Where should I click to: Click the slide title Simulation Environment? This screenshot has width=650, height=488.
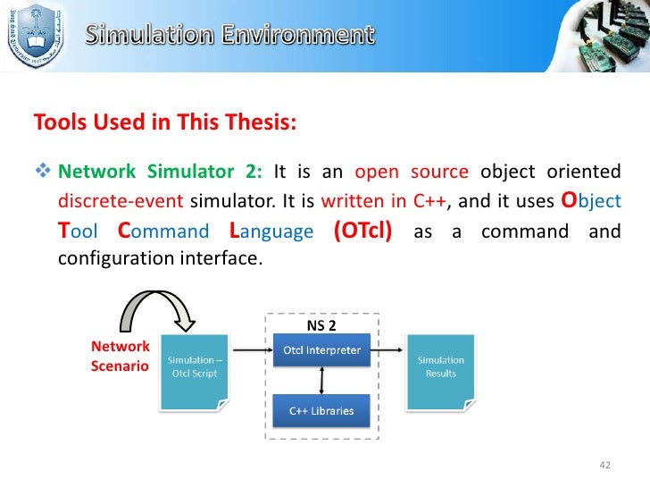[x=230, y=35]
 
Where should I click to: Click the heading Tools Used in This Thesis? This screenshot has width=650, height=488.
[x=164, y=122]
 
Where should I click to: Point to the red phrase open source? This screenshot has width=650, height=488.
[x=412, y=172]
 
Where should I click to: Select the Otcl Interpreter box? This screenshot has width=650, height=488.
[x=321, y=350]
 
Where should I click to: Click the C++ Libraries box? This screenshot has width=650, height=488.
[x=321, y=410]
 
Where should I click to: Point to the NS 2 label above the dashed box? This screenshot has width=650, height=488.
[x=321, y=326]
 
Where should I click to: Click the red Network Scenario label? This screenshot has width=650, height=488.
[x=121, y=356]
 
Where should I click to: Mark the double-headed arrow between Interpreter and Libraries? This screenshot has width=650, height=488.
[x=321, y=380]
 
